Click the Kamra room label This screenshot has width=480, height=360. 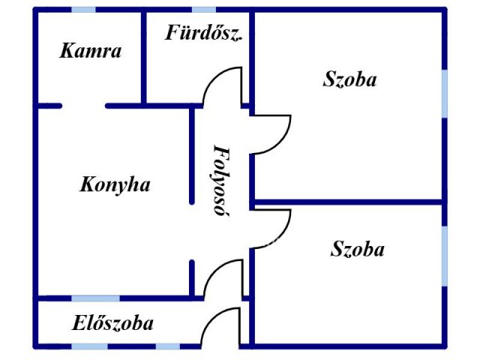pyautogui.click(x=90, y=51)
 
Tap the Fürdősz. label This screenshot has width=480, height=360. pyautogui.click(x=203, y=32)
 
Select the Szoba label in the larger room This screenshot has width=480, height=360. pyautogui.click(x=349, y=79)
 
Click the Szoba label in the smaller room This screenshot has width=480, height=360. pyautogui.click(x=357, y=249)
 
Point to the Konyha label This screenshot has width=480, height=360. pyautogui.click(x=115, y=184)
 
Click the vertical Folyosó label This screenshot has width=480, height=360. pyautogui.click(x=221, y=181)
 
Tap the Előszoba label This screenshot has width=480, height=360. pyautogui.click(x=112, y=323)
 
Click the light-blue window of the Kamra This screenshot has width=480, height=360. pyautogui.click(x=83, y=10)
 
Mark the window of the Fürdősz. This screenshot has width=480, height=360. pyautogui.click(x=204, y=10)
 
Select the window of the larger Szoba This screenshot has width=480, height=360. pyautogui.click(x=445, y=94)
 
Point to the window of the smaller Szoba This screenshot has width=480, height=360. pyautogui.click(x=445, y=256)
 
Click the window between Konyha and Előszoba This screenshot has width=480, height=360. pyautogui.click(x=95, y=298)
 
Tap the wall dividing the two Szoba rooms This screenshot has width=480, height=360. pyautogui.click(x=348, y=202)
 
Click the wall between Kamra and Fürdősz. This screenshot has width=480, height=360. pyautogui.click(x=143, y=58)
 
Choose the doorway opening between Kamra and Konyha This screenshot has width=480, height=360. pyautogui.click(x=84, y=106)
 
